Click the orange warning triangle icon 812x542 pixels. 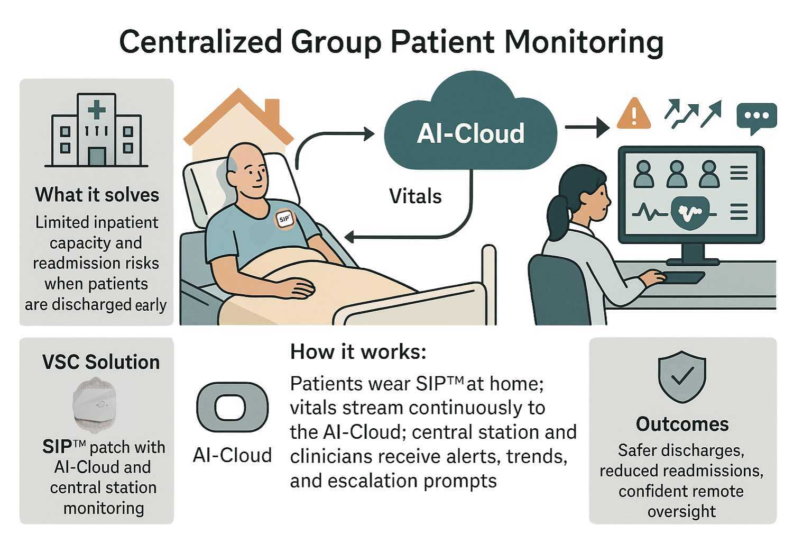634,114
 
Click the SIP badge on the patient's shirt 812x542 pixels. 284,219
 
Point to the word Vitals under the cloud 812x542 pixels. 416,196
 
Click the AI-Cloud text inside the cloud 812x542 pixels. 470,133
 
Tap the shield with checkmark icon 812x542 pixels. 682,376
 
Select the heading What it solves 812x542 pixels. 97,195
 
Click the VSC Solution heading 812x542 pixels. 101,362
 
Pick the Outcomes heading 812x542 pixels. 682,424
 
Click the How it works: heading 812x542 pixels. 358,352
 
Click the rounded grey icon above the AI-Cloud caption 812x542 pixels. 232,408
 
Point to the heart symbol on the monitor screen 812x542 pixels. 690,213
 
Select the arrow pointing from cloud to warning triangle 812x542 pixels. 587,127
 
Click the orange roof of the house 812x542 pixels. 238,114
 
